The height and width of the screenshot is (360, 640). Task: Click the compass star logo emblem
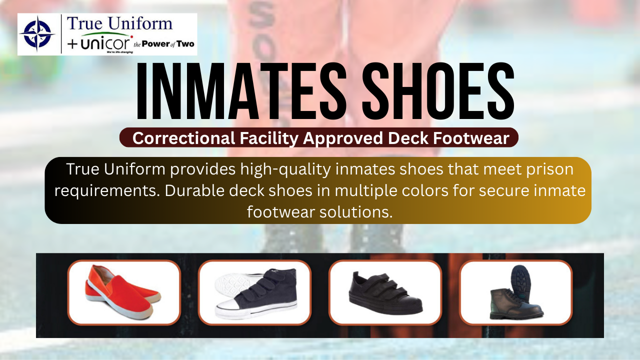coord(37,33)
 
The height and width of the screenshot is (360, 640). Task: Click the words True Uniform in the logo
coord(119,23)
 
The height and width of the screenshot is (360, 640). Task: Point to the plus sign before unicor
coord(72,44)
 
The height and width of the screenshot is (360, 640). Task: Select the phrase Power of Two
coord(168,44)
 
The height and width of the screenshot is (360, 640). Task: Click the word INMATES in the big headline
coord(241,91)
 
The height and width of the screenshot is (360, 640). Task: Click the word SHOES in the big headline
coord(438,91)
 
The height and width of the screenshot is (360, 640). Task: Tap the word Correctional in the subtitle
coord(184,138)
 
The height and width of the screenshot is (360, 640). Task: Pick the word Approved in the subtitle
coord(343,139)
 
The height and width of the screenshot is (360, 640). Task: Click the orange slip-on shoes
coord(123,292)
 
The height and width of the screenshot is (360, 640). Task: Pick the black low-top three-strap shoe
coord(385,293)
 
